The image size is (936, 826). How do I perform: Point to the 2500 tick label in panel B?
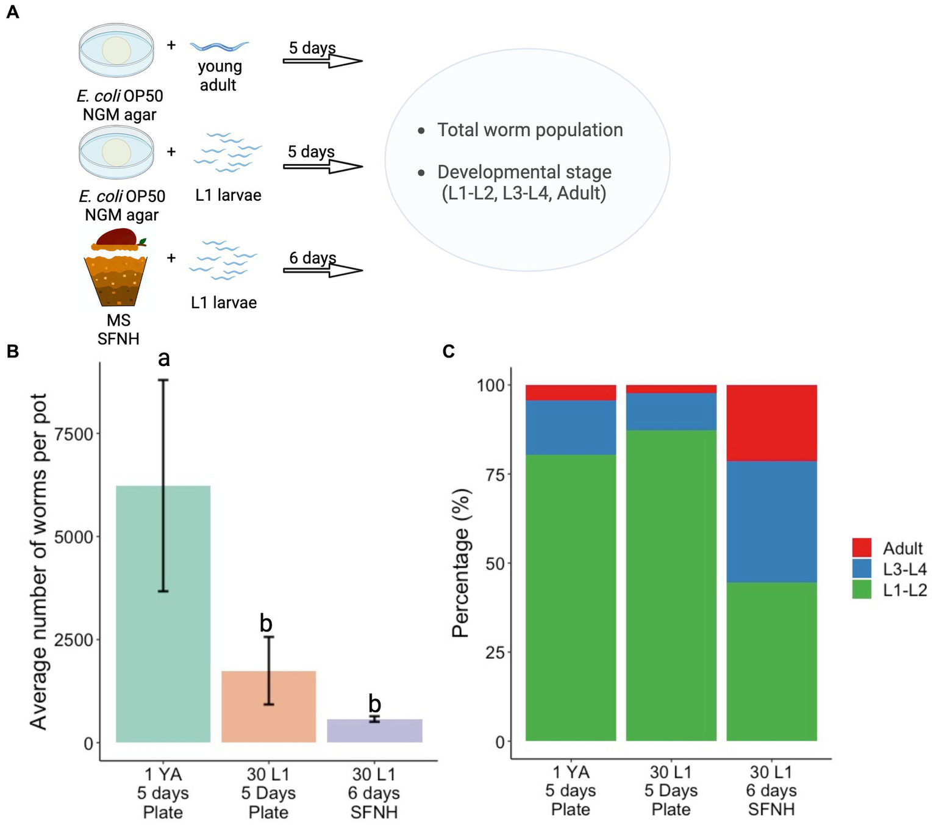(x=74, y=640)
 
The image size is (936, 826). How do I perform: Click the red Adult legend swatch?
(x=862, y=548)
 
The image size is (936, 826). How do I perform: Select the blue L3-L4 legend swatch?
(x=862, y=569)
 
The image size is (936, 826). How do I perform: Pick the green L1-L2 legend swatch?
(x=862, y=590)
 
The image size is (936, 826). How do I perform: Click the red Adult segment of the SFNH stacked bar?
(x=771, y=423)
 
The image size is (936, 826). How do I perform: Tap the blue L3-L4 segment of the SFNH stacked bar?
(x=771, y=522)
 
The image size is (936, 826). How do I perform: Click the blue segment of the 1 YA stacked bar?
(x=570, y=427)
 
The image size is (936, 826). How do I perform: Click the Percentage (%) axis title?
(x=462, y=562)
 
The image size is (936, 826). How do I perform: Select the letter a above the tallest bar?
(x=163, y=359)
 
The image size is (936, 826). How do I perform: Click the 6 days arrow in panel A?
(x=323, y=270)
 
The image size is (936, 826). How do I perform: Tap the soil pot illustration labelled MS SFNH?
(x=115, y=268)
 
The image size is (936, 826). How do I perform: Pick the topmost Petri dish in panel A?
(x=116, y=50)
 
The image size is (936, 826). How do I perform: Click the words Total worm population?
(x=530, y=130)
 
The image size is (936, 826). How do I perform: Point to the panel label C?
(x=449, y=351)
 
